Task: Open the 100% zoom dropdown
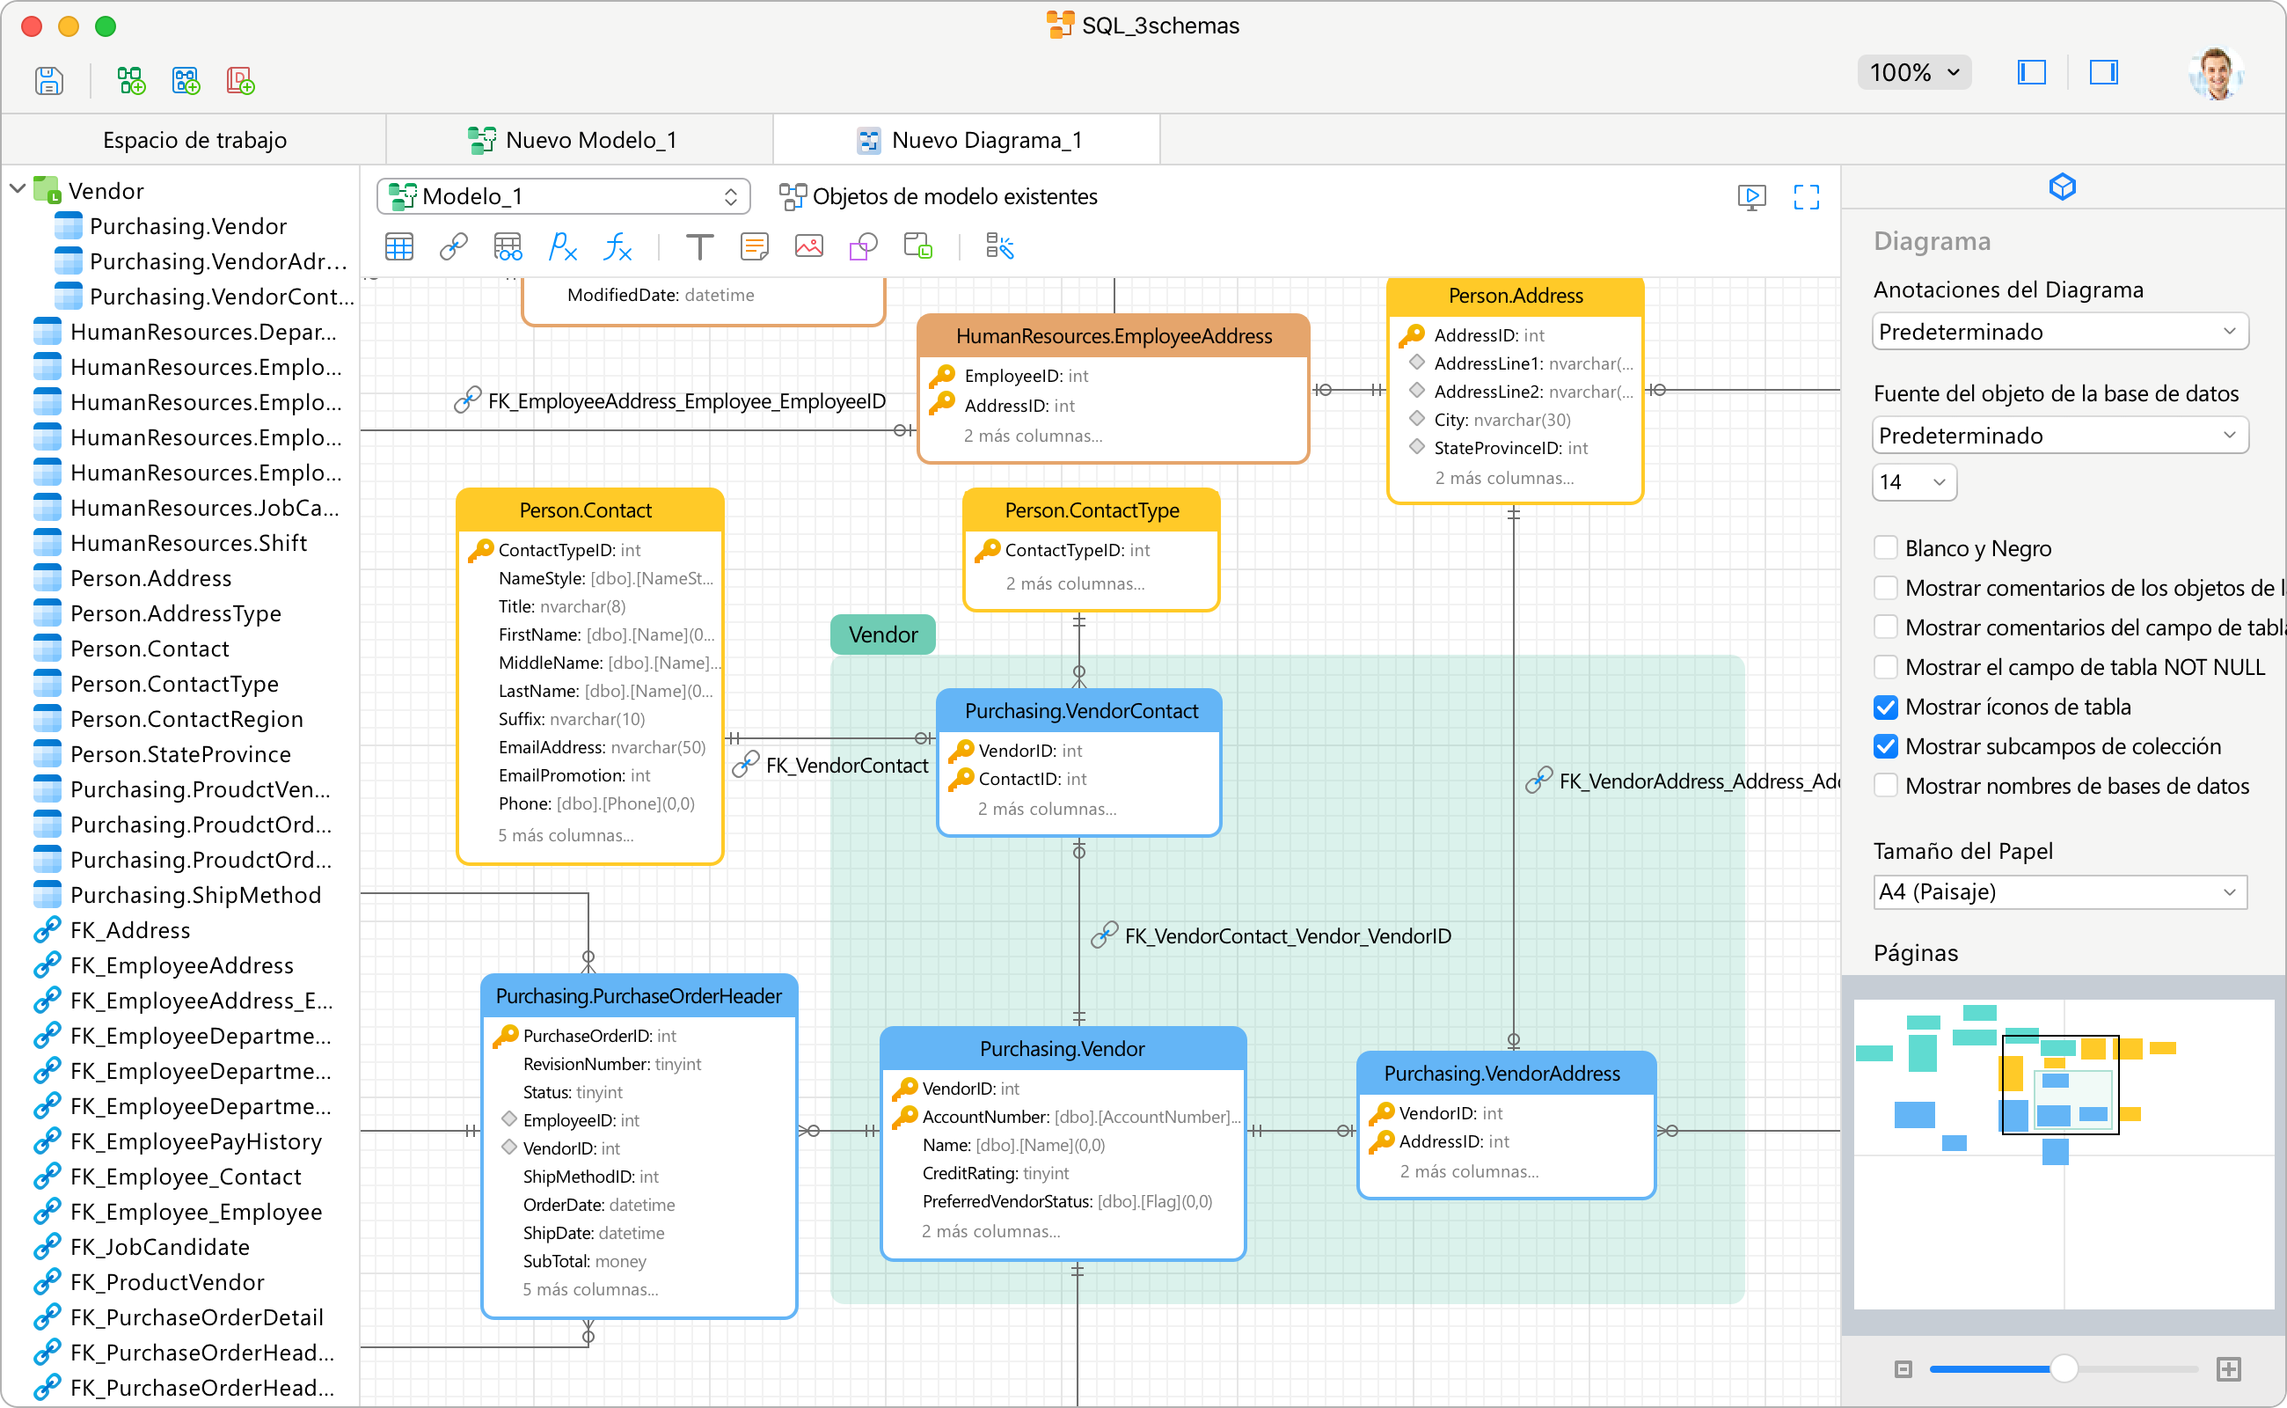[x=1914, y=71]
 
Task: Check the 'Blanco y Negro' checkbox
[x=1885, y=547]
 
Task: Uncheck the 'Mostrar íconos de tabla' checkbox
[x=1885, y=707]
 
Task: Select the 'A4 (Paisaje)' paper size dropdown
[x=2059, y=891]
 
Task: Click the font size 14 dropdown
[x=1913, y=481]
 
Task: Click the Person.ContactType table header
[x=1091, y=510]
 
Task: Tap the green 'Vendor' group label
[x=882, y=634]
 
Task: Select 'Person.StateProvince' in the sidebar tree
[x=180, y=753]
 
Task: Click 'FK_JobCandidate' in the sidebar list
[x=159, y=1246]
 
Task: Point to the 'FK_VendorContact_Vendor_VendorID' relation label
[x=1287, y=935]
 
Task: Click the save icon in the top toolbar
[x=48, y=80]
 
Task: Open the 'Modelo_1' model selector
[x=563, y=196]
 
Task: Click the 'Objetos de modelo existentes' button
[x=939, y=196]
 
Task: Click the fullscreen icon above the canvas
[x=1806, y=196]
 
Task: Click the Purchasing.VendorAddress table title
[x=1502, y=1073]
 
